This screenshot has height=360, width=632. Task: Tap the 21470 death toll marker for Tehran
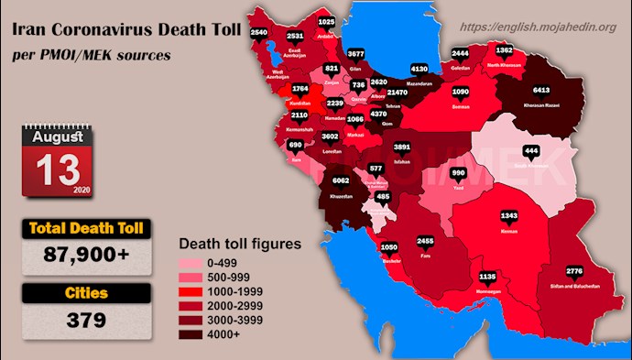[x=398, y=93]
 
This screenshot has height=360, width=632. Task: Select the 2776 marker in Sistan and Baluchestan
[x=574, y=271]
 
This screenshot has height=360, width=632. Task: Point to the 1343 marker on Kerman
[x=509, y=216]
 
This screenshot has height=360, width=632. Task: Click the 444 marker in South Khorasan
[x=530, y=151]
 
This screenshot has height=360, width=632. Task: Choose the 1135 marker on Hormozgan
[x=487, y=276]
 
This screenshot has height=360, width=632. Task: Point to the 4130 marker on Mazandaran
[x=420, y=70]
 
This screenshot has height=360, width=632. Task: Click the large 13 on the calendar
[x=57, y=169]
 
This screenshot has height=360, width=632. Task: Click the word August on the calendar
[x=57, y=136]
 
